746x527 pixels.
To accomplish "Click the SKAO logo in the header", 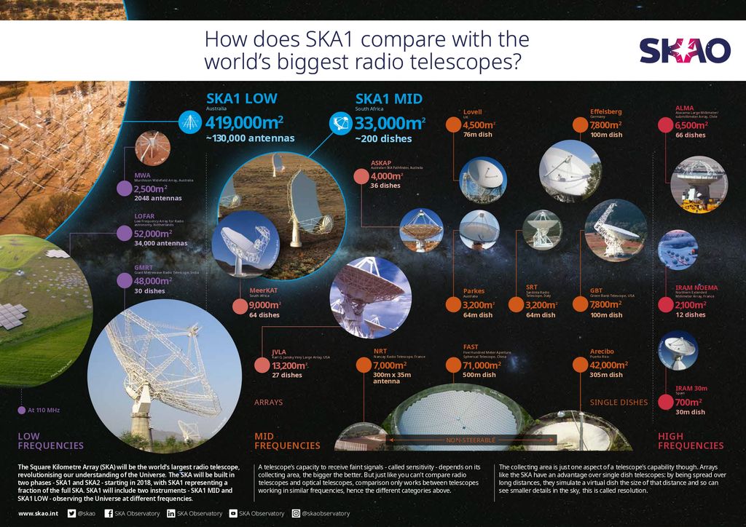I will (x=684, y=51).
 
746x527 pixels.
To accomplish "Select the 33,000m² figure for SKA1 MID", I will (x=390, y=122).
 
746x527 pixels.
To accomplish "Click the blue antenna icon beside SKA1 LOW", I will (x=190, y=121).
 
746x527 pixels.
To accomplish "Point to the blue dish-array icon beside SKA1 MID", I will (x=339, y=122).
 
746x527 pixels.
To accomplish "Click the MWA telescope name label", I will (x=142, y=175).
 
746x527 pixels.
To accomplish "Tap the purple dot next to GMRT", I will (x=124, y=280).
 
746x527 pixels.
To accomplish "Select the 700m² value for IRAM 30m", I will (x=688, y=402).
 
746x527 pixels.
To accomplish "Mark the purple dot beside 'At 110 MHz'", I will (x=21, y=410).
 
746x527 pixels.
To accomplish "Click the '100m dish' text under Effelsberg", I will (x=606, y=135).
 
